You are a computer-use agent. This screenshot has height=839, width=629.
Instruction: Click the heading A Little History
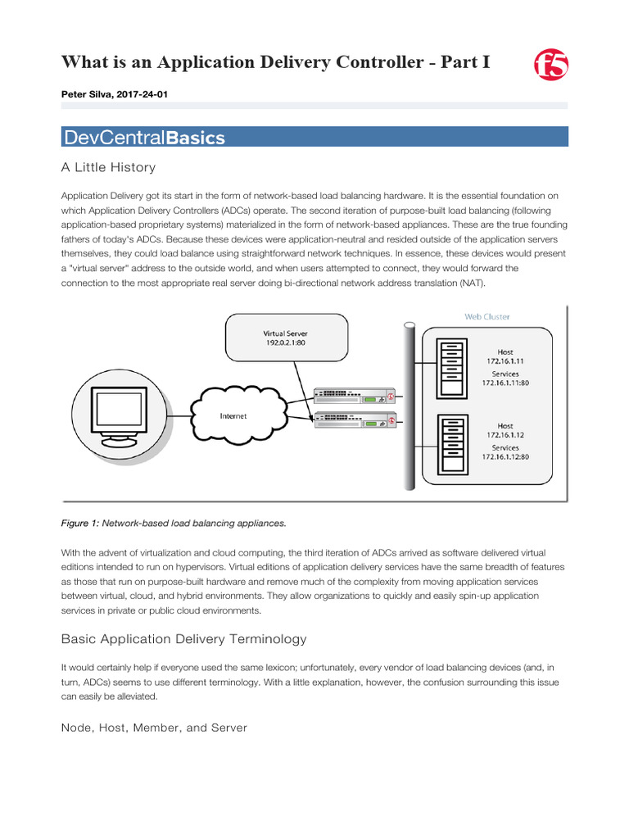(x=108, y=167)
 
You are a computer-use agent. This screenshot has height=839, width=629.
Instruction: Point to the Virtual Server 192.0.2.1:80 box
(x=285, y=338)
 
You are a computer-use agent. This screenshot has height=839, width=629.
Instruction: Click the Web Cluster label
(x=488, y=316)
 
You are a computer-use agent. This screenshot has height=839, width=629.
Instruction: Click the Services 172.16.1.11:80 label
(x=505, y=378)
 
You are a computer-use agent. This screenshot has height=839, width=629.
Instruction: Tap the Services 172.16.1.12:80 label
(x=505, y=452)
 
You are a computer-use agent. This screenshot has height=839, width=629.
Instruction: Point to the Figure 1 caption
(x=174, y=523)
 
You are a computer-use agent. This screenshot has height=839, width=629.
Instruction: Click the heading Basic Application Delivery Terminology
(x=184, y=639)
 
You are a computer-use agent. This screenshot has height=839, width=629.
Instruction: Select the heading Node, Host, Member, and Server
(x=154, y=728)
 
